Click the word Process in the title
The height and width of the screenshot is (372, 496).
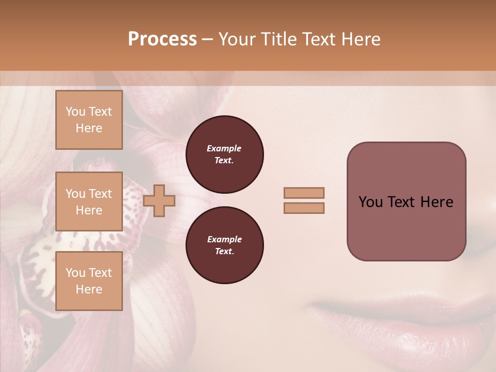point(162,39)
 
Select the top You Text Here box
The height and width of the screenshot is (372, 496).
point(89,120)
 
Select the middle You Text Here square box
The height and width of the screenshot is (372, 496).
point(89,202)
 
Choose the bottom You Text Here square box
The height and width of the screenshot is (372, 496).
point(89,281)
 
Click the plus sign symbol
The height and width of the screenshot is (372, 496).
point(159,201)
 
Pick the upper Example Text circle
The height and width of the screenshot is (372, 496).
point(224,154)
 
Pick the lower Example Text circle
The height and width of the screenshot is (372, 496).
point(224,245)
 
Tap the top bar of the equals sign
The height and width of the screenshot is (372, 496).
point(304,193)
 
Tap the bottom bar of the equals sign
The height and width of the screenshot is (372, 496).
point(304,208)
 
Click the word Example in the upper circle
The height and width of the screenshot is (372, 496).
point(224,149)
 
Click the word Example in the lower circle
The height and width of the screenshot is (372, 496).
point(224,240)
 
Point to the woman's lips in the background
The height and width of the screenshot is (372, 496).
point(408,320)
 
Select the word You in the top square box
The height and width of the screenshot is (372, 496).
point(75,112)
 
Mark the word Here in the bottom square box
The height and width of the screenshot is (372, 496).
point(89,289)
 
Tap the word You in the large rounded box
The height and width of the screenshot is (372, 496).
point(370,202)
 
